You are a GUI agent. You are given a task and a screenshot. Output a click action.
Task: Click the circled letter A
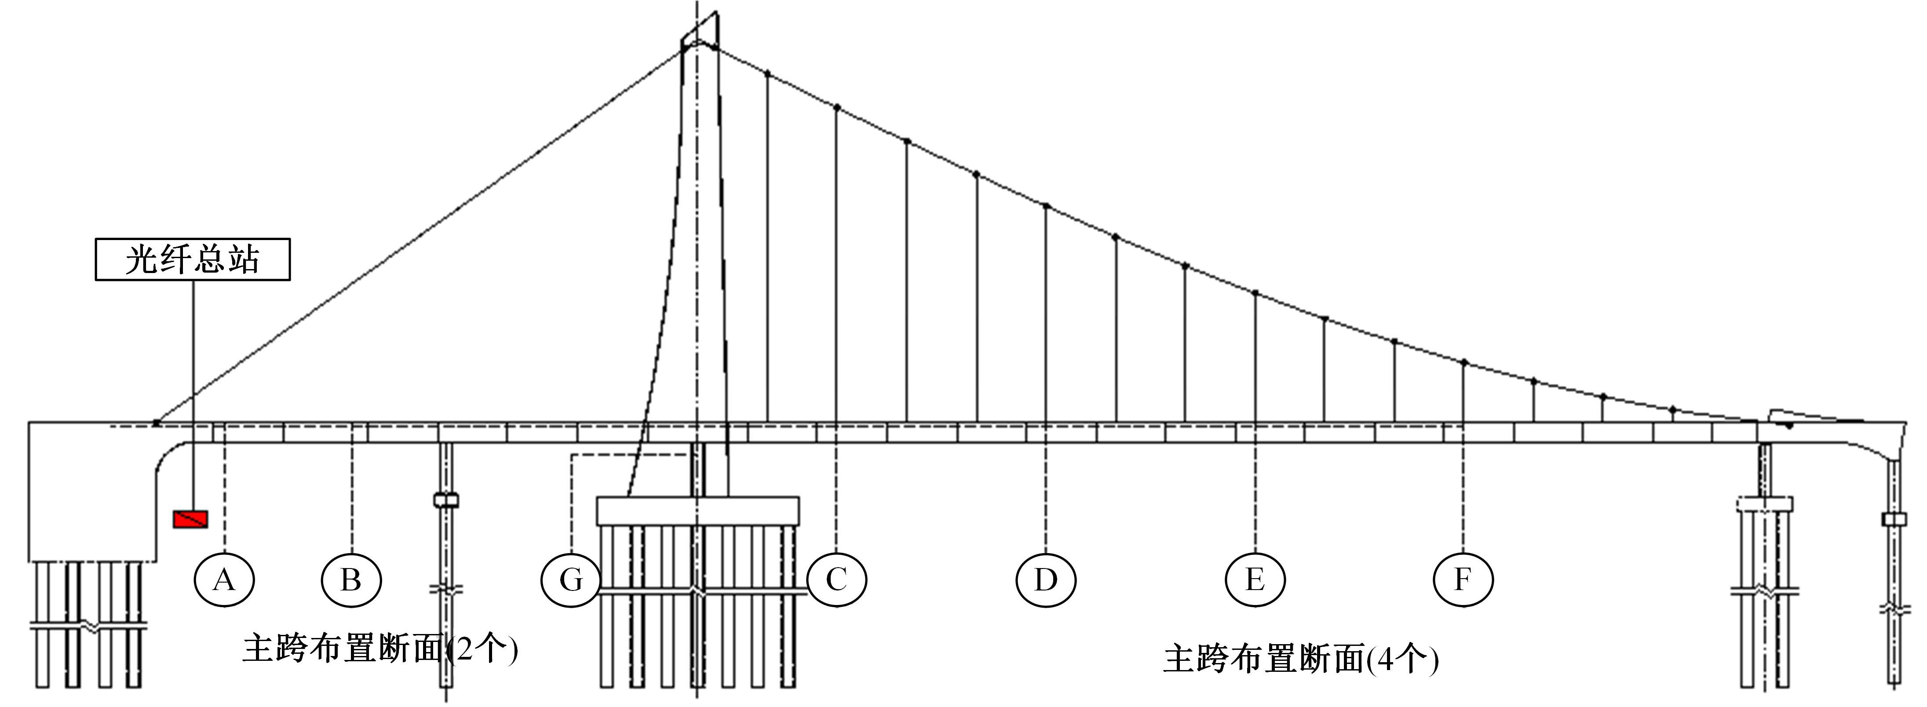pyautogui.click(x=224, y=579)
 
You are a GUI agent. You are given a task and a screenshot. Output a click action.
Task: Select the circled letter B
pyautogui.click(x=352, y=579)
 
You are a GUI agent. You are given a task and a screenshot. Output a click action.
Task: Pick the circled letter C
pyautogui.click(x=836, y=579)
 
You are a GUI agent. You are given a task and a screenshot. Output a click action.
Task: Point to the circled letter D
pyautogui.click(x=1046, y=579)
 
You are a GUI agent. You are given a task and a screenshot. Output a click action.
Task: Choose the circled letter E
pyautogui.click(x=1255, y=579)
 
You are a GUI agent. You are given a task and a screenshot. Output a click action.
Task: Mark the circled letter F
pyautogui.click(x=1463, y=579)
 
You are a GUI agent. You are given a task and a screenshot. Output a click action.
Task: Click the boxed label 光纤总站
pyautogui.click(x=193, y=259)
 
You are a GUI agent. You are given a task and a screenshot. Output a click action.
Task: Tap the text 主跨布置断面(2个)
pyautogui.click(x=380, y=648)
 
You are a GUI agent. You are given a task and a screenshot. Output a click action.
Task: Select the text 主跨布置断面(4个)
pyautogui.click(x=1301, y=658)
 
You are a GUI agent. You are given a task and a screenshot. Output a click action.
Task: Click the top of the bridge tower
pyautogui.click(x=700, y=29)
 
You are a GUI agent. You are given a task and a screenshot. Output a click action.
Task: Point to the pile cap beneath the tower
pyautogui.click(x=698, y=510)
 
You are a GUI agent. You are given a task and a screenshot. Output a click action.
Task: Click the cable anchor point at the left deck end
pyautogui.click(x=156, y=423)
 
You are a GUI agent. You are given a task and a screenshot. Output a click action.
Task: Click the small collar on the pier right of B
pyautogui.click(x=446, y=500)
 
